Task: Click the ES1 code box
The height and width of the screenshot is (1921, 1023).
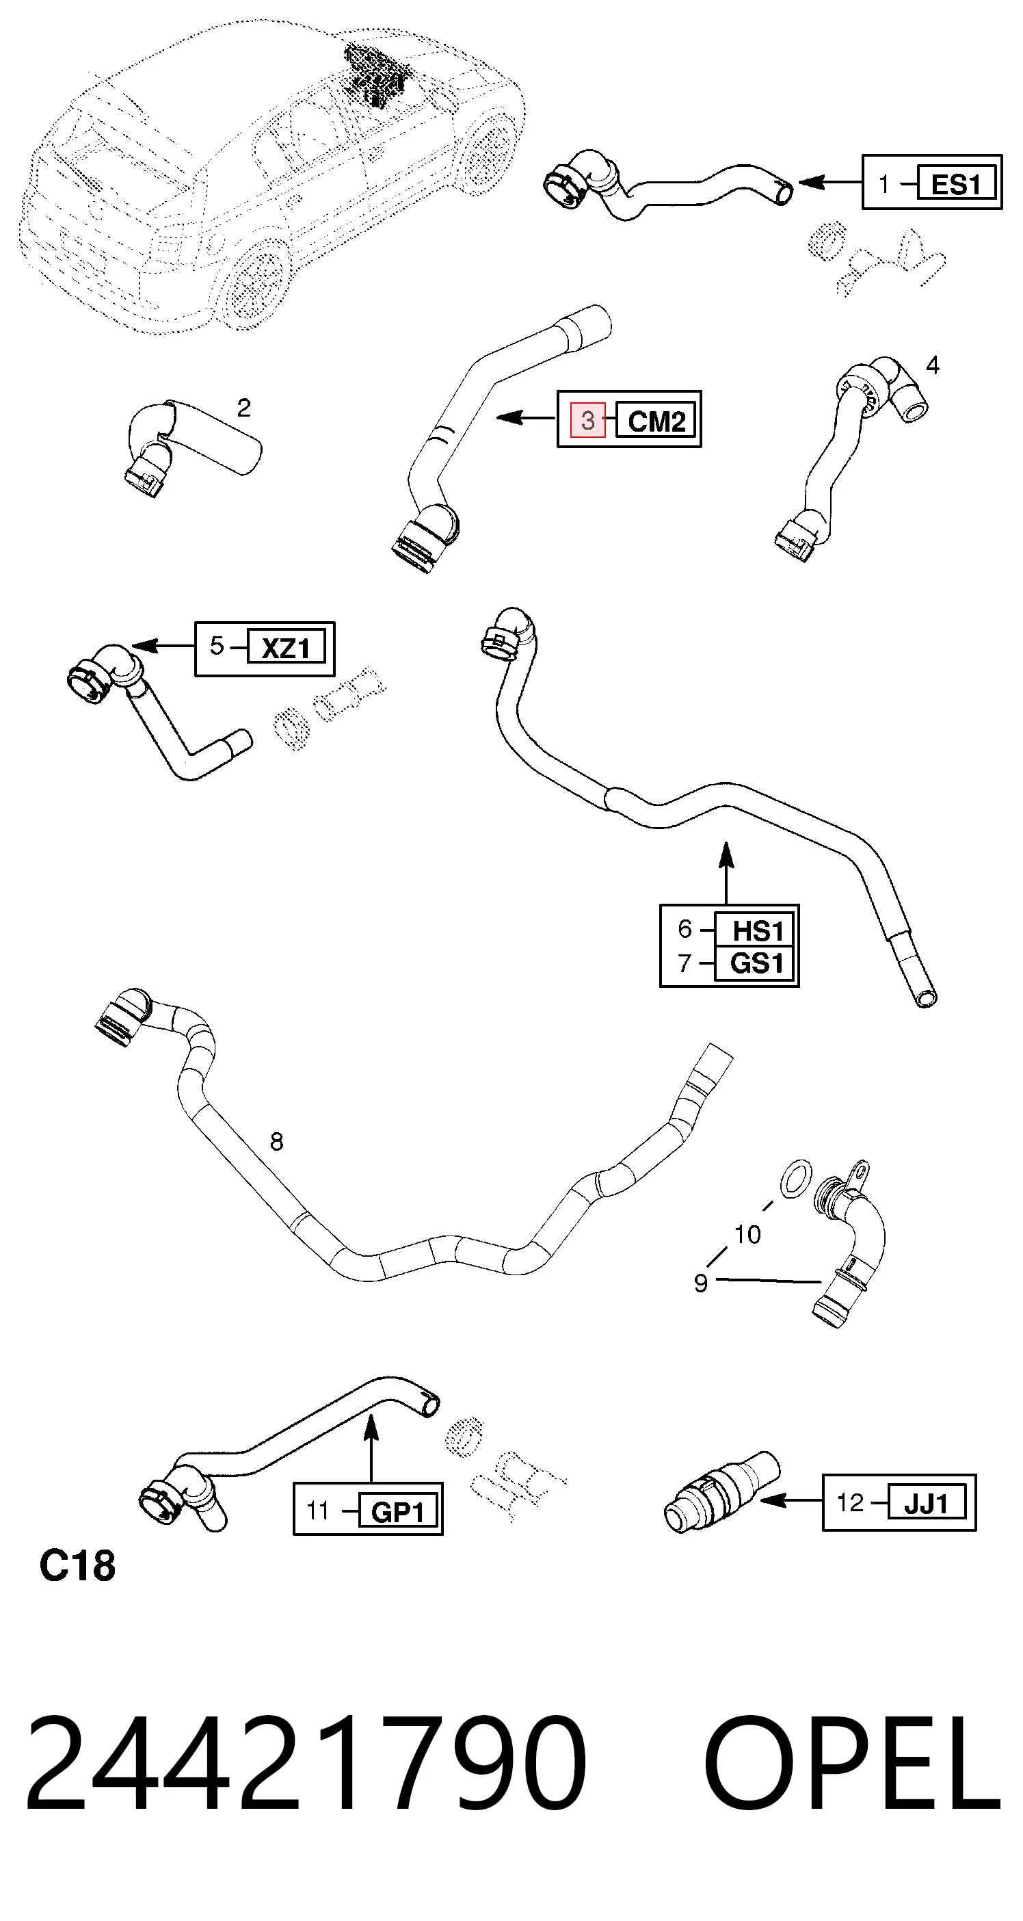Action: click(x=956, y=183)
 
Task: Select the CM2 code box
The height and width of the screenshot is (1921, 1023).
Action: click(x=656, y=421)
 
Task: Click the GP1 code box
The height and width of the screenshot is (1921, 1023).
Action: click(x=397, y=1511)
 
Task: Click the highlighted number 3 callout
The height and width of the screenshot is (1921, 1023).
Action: click(x=587, y=420)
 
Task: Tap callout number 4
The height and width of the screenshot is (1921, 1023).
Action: click(x=933, y=365)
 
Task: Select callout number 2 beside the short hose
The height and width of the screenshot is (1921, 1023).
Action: click(x=244, y=407)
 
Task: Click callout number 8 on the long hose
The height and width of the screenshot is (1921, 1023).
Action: click(x=277, y=1142)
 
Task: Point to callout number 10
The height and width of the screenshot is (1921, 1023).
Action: click(x=747, y=1235)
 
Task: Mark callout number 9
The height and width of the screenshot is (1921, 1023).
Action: click(x=700, y=1283)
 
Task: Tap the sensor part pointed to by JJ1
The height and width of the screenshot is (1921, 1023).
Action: click(x=720, y=1492)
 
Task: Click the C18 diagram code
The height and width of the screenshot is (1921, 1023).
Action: click(x=77, y=1565)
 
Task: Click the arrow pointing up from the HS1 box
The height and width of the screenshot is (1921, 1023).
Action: click(x=726, y=872)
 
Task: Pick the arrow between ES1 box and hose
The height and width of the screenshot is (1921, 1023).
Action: click(x=830, y=181)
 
